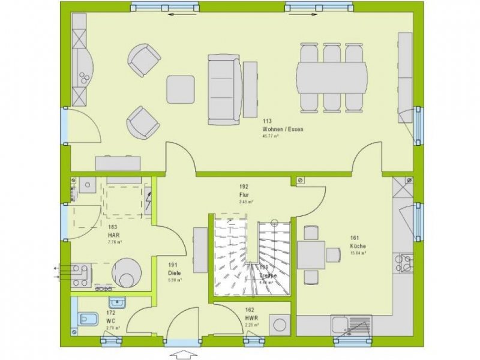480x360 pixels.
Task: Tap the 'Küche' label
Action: [x=358, y=246]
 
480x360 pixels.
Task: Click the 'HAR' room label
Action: [x=113, y=235]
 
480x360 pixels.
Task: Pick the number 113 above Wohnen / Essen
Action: [x=267, y=121]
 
